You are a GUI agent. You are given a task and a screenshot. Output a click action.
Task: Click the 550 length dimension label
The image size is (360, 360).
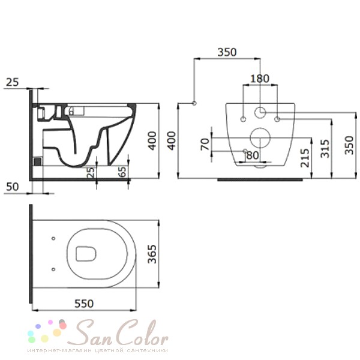point(84,304)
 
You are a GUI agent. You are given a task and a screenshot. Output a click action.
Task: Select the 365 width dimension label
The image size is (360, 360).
point(152,254)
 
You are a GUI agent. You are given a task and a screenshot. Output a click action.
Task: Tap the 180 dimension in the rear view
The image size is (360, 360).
point(259,79)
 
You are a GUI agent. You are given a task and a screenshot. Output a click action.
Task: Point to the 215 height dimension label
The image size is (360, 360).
point(305,158)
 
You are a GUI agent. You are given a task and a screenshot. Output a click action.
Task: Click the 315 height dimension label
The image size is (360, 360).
point(325,149)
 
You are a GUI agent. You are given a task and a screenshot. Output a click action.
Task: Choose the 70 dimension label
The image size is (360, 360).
point(205,144)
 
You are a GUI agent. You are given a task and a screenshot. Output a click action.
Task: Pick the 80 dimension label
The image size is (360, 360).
point(253,155)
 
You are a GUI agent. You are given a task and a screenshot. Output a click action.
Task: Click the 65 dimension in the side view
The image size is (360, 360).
point(123,172)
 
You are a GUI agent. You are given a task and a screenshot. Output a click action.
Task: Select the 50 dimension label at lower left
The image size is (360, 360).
point(13,187)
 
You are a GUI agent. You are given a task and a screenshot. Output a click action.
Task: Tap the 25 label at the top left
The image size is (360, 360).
point(13,82)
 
